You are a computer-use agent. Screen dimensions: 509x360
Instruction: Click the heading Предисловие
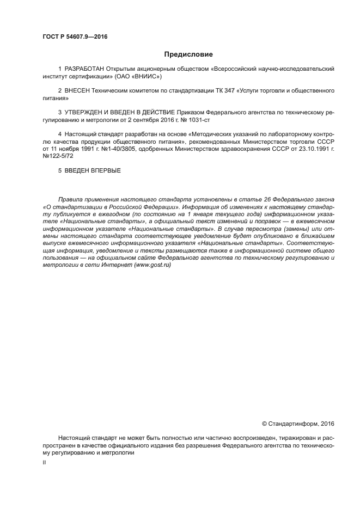coord(188,54)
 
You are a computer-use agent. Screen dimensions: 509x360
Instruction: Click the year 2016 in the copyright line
coord(327,422)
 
